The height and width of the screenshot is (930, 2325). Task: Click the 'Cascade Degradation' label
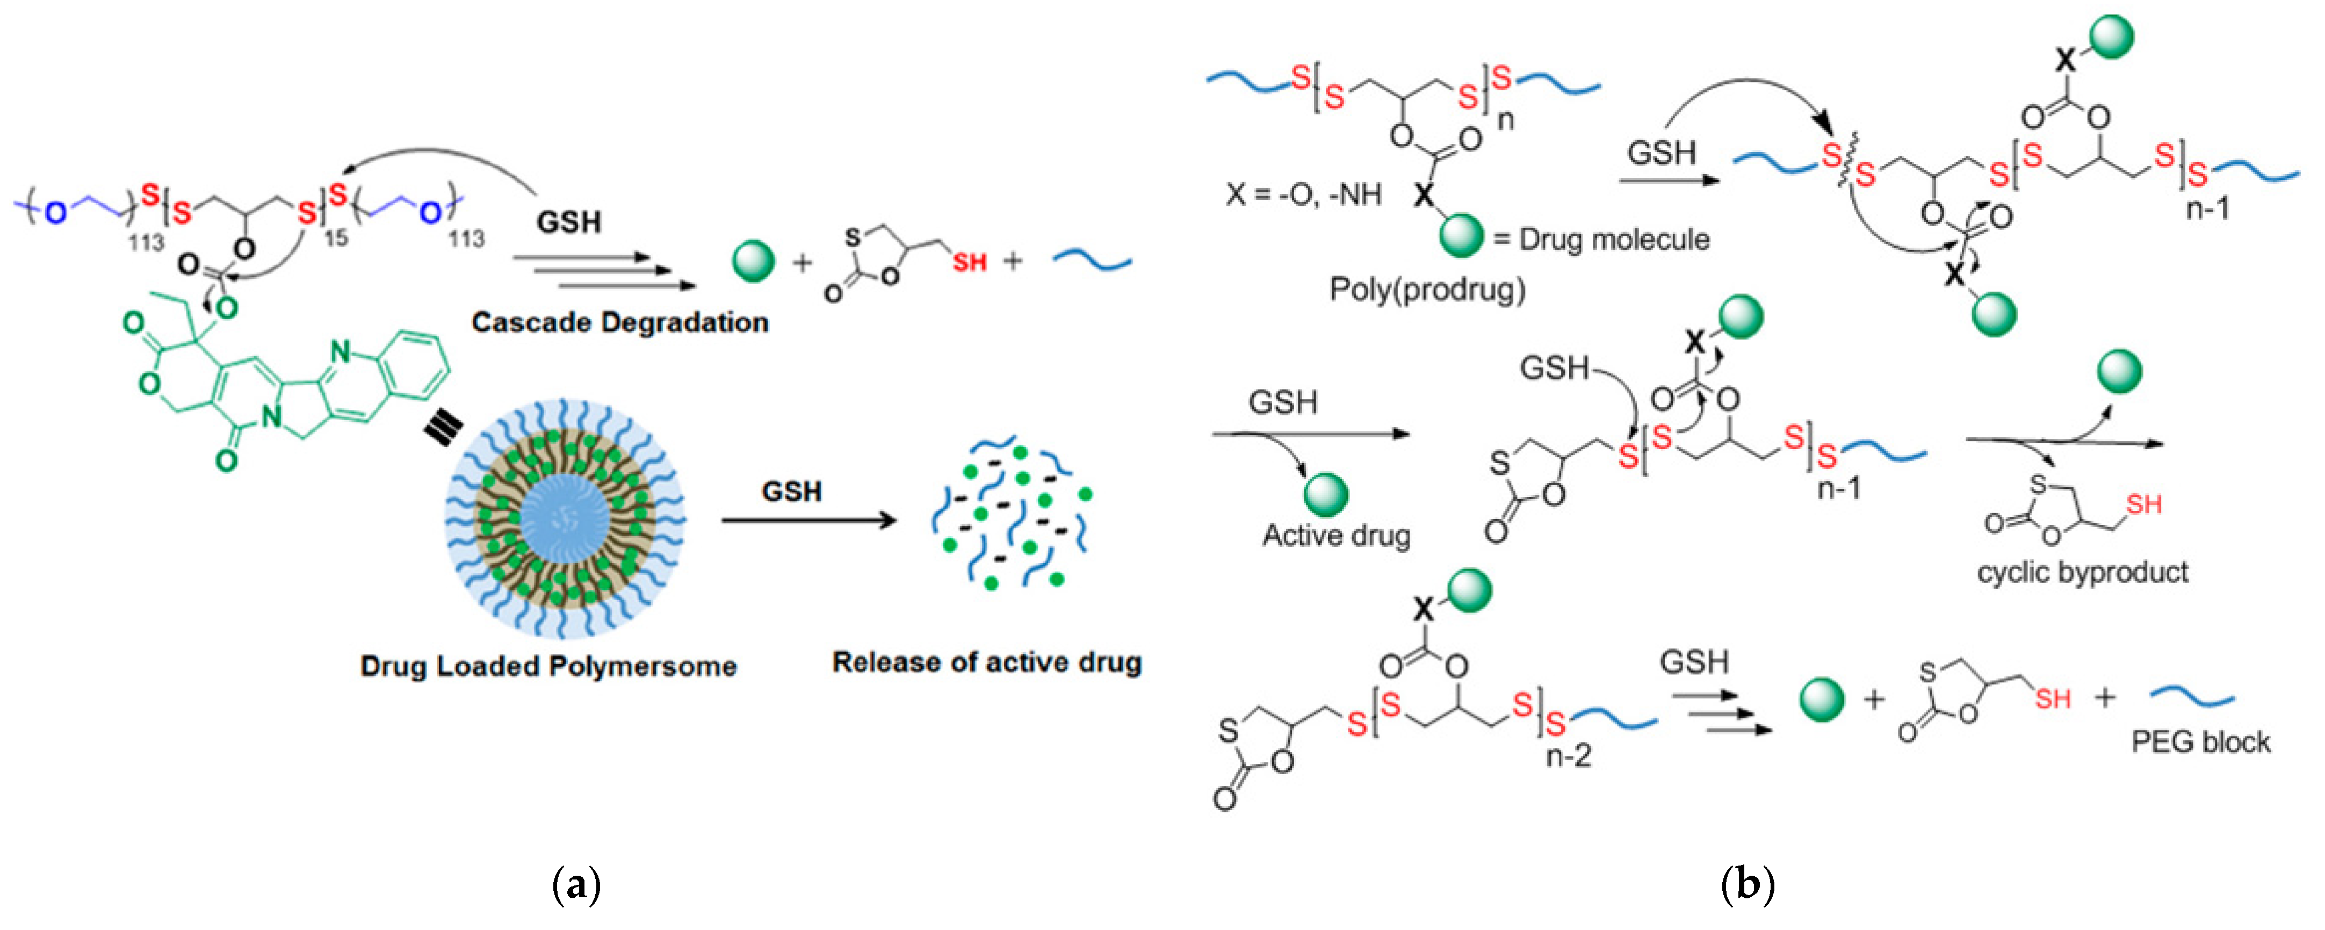619,322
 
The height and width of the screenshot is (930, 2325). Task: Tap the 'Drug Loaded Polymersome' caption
548,666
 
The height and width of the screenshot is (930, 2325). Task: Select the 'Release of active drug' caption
986,663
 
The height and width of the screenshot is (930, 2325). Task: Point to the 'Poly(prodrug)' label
1427,289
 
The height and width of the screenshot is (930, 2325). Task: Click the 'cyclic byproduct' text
2082,572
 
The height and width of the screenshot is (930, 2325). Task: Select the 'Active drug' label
1336,536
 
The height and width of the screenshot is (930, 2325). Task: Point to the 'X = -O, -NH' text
1302,194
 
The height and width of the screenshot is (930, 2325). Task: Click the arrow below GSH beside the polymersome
808,521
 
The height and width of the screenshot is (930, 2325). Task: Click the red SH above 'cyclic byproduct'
2143,504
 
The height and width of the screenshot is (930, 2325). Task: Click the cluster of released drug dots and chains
1011,515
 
